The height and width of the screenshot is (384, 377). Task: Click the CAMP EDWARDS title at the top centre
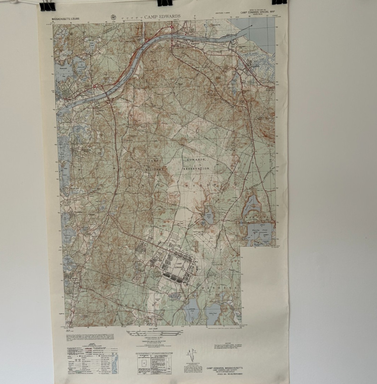tap(162, 16)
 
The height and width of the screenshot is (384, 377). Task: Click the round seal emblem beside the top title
tap(114, 16)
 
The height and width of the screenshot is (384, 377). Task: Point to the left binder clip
tap(47, 6)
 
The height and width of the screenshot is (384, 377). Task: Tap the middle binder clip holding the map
tap(165, 3)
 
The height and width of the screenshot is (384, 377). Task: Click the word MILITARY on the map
tap(154, 170)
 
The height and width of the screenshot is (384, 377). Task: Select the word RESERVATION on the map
tap(196, 168)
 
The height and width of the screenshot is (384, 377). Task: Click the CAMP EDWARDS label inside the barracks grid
tap(179, 265)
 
